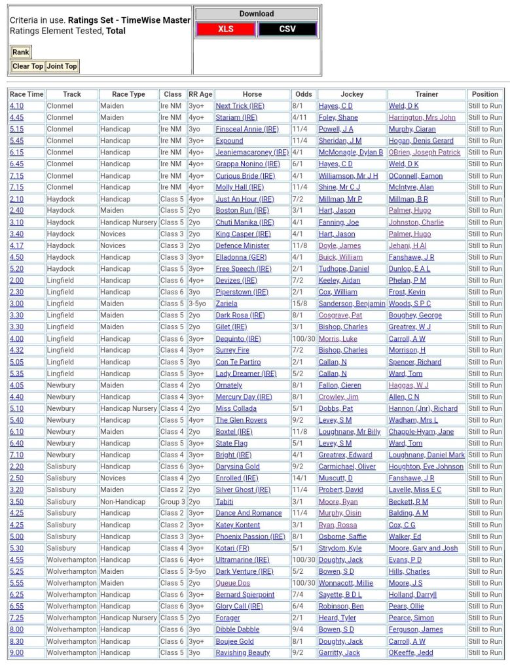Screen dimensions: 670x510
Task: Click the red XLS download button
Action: (x=226, y=29)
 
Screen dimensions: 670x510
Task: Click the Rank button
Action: (x=21, y=52)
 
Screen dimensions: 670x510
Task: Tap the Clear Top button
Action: (x=27, y=66)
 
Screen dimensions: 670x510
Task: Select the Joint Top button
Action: (x=62, y=66)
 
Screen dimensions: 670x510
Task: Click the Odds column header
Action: (x=303, y=94)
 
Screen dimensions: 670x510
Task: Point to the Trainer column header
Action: (x=427, y=94)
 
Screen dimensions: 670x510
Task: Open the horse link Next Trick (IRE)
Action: (x=241, y=106)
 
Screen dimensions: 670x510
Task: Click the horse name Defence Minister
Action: (x=242, y=245)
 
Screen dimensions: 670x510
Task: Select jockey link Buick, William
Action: (x=340, y=257)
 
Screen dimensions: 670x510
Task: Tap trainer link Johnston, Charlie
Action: (x=416, y=222)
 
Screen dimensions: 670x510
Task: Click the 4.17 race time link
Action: (x=16, y=245)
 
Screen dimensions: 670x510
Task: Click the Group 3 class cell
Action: (x=173, y=502)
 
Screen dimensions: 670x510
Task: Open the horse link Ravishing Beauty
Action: (x=243, y=653)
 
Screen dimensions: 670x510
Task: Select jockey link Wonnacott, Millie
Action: (x=346, y=583)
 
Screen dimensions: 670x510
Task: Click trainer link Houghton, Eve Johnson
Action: (x=426, y=467)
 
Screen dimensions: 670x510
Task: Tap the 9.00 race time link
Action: (x=16, y=653)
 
